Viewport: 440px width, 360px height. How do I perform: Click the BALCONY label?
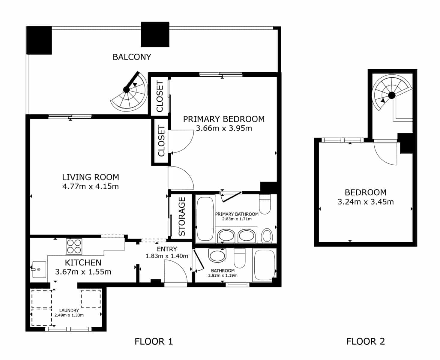coord(132,57)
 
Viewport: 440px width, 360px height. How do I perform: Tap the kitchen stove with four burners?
coord(74,246)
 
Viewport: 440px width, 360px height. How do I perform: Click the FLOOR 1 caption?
coord(154,341)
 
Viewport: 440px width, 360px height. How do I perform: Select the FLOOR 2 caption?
coord(365,341)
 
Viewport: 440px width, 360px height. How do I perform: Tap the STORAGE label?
coord(182,216)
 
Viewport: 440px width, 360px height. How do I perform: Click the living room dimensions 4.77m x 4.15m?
coord(90,187)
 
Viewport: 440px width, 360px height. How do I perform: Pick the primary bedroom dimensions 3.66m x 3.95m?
coord(224,129)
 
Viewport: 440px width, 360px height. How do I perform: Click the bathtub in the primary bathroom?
coord(205,217)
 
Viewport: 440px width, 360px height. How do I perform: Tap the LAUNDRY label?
coord(69,310)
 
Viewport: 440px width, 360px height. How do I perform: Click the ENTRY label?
coord(167,249)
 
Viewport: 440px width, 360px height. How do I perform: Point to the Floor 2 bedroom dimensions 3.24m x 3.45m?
coord(365,202)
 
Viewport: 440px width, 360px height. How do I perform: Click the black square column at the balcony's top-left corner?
coord(39,40)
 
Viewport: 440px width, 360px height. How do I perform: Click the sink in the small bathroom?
coord(216,256)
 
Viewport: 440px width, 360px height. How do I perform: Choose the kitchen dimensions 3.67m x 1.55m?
coord(83,272)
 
